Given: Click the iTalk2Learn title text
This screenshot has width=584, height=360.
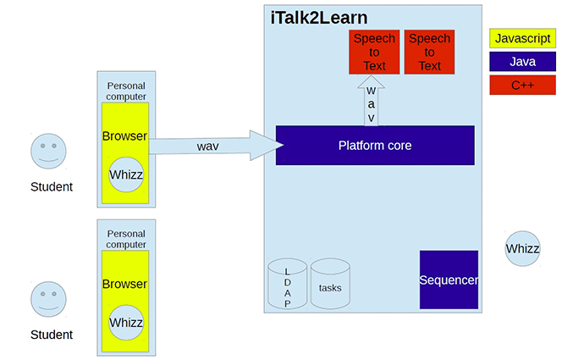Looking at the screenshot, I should pyautogui.click(x=319, y=18).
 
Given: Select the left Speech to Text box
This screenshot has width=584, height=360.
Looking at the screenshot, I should pyautogui.click(x=373, y=52).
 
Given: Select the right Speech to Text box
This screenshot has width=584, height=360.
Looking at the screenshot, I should pyautogui.click(x=429, y=52).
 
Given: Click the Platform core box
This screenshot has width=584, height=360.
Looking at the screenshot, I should pyautogui.click(x=375, y=146).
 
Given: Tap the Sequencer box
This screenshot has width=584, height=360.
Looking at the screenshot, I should pyautogui.click(x=449, y=280).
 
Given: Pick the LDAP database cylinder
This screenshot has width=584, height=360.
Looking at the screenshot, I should pyautogui.click(x=287, y=286).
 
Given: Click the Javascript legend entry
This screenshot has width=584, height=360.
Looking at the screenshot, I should pyautogui.click(x=522, y=38).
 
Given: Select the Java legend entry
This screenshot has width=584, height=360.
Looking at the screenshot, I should pyautogui.click(x=522, y=62).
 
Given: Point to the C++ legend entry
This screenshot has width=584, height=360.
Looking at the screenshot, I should pyautogui.click(x=522, y=85).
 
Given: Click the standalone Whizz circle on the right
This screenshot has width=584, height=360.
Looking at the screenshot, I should pyautogui.click(x=522, y=249).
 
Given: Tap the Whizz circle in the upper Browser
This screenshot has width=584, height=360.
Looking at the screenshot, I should pyautogui.click(x=126, y=174).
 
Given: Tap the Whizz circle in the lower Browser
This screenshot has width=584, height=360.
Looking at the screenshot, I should pyautogui.click(x=126, y=323).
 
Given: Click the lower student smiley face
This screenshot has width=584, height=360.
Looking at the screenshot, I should pyautogui.click(x=48, y=299).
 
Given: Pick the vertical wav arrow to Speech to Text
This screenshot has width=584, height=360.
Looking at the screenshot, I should pyautogui.click(x=371, y=101).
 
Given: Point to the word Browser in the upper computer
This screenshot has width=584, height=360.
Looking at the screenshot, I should pyautogui.click(x=124, y=136).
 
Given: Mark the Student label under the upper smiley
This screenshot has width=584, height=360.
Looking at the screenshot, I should pyautogui.click(x=51, y=187).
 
